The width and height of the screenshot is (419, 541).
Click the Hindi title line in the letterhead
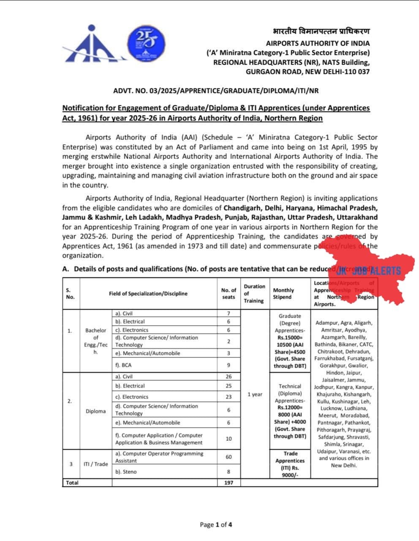tap(321, 32)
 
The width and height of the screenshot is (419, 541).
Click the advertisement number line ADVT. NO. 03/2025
tap(216, 91)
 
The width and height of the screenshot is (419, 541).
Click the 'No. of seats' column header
tap(229, 294)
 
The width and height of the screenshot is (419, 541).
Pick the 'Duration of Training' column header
tap(254, 294)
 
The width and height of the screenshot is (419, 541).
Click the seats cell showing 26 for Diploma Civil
tap(229, 376)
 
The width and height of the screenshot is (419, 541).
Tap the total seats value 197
tap(229, 483)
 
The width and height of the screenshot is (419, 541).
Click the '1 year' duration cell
tap(255, 394)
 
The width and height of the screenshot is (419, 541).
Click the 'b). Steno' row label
tap(126, 472)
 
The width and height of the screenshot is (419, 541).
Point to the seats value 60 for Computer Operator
tap(229, 457)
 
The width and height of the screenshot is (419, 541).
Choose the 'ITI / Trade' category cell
tap(95, 464)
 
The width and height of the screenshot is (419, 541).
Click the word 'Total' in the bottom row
tap(72, 483)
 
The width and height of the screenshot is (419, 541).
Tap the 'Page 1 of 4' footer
tap(216, 525)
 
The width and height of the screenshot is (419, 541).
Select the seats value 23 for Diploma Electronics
tap(229, 397)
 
